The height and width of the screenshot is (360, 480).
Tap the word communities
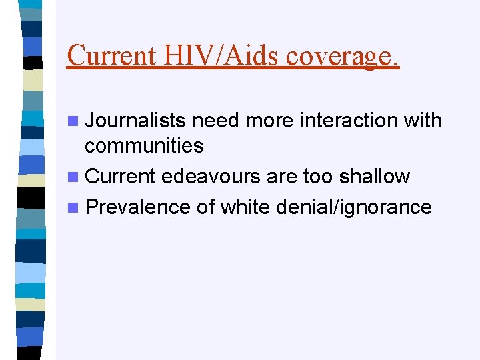[145, 145]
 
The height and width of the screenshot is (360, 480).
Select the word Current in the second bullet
[121, 177]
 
